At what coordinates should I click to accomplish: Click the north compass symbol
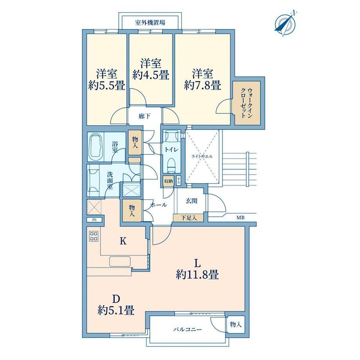click(x=286, y=23)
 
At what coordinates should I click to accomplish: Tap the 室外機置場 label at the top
click(x=150, y=23)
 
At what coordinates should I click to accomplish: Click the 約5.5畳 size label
click(x=107, y=86)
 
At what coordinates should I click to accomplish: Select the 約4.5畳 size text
click(x=151, y=75)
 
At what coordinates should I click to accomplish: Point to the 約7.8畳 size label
click(x=203, y=85)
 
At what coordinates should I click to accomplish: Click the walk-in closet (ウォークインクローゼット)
click(x=247, y=103)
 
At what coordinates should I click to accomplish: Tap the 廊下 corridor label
click(x=144, y=116)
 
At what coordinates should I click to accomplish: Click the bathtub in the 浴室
click(x=96, y=147)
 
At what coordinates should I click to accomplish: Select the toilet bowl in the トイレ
click(x=171, y=165)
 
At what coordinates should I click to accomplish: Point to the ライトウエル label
click(x=202, y=157)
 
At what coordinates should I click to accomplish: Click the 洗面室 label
click(x=110, y=180)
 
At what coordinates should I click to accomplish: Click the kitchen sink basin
click(x=120, y=261)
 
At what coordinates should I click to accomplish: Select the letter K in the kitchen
click(x=123, y=241)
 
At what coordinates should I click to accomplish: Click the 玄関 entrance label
click(x=191, y=201)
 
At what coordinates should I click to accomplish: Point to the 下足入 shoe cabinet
click(x=189, y=218)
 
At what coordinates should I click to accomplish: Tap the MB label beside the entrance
click(x=240, y=218)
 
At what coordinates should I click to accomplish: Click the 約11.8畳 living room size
click(x=197, y=275)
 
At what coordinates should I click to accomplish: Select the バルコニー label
click(x=187, y=329)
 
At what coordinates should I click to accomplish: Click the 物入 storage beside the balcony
click(x=236, y=325)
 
